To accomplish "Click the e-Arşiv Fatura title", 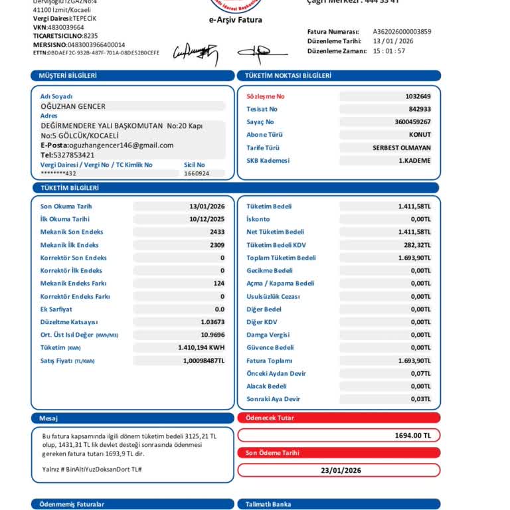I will (236, 20).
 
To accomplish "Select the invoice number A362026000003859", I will (402, 31).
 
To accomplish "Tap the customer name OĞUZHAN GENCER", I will (73, 106).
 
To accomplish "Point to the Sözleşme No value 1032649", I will (418, 96).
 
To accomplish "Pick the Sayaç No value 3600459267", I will (412, 122).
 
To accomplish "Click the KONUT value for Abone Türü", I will (419, 135).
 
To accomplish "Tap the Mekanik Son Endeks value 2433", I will (217, 232).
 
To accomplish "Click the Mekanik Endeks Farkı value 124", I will (218, 284).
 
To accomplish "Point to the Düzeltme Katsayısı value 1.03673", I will (212, 322).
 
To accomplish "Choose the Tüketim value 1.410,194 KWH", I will (201, 347).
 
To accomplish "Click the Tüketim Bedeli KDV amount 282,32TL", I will (417, 245).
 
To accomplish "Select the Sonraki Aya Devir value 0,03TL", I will (420, 399).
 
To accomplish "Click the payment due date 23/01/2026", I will (341, 470).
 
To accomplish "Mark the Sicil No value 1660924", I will (197, 173).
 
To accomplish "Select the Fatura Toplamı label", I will (269, 361).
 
